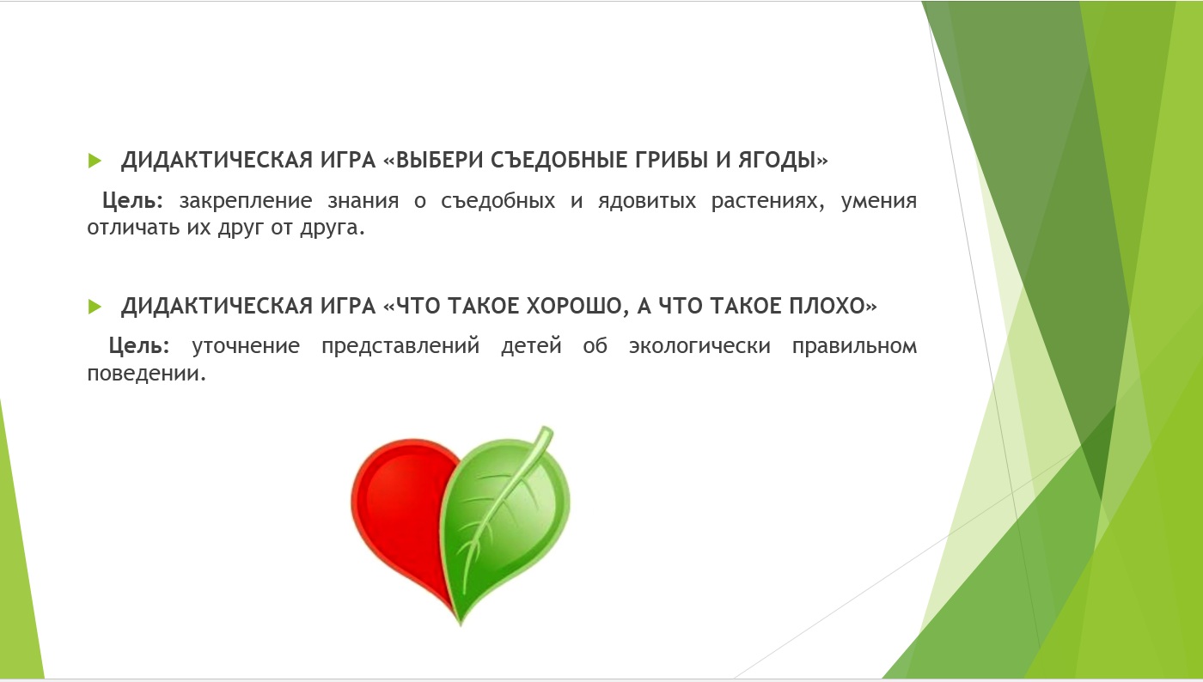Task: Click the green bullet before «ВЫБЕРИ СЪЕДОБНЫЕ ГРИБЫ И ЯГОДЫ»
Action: click(95, 161)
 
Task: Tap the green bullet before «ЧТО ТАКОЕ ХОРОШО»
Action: click(95, 307)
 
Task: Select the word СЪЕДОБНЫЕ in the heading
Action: click(559, 160)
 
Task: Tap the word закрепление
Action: click(246, 201)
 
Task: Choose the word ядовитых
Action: click(646, 201)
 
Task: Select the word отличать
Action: click(133, 228)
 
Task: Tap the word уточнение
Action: click(246, 346)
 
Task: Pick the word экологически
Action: click(699, 346)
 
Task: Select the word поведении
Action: click(147, 374)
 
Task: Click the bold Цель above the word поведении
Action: click(138, 346)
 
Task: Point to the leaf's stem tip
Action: click(547, 430)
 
